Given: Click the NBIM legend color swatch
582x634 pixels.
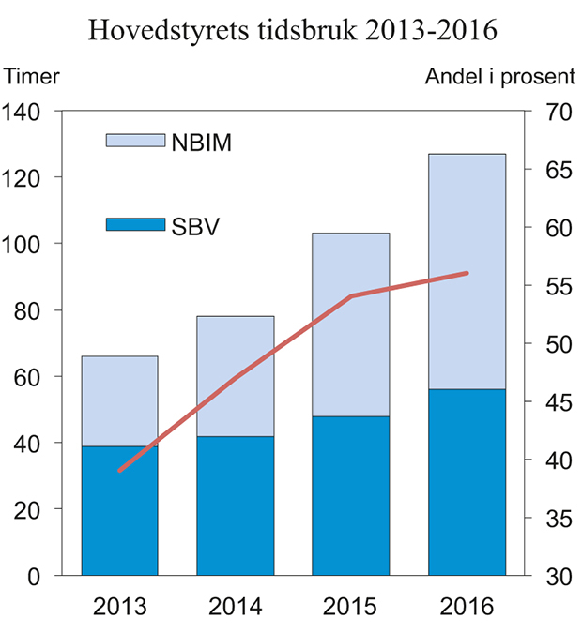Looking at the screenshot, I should [136, 141].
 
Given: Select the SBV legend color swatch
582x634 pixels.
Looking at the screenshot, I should [136, 224].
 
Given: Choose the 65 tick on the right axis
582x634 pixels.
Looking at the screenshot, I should [550, 170].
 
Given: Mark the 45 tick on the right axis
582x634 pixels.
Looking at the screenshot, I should [550, 402].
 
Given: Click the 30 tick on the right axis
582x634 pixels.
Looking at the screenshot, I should [550, 576].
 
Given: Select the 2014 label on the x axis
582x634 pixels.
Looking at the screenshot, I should [236, 606].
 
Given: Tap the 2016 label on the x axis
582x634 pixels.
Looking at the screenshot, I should [467, 606].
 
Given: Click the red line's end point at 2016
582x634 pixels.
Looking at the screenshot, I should [467, 273].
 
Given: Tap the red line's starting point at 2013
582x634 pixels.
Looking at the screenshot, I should [120, 470].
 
